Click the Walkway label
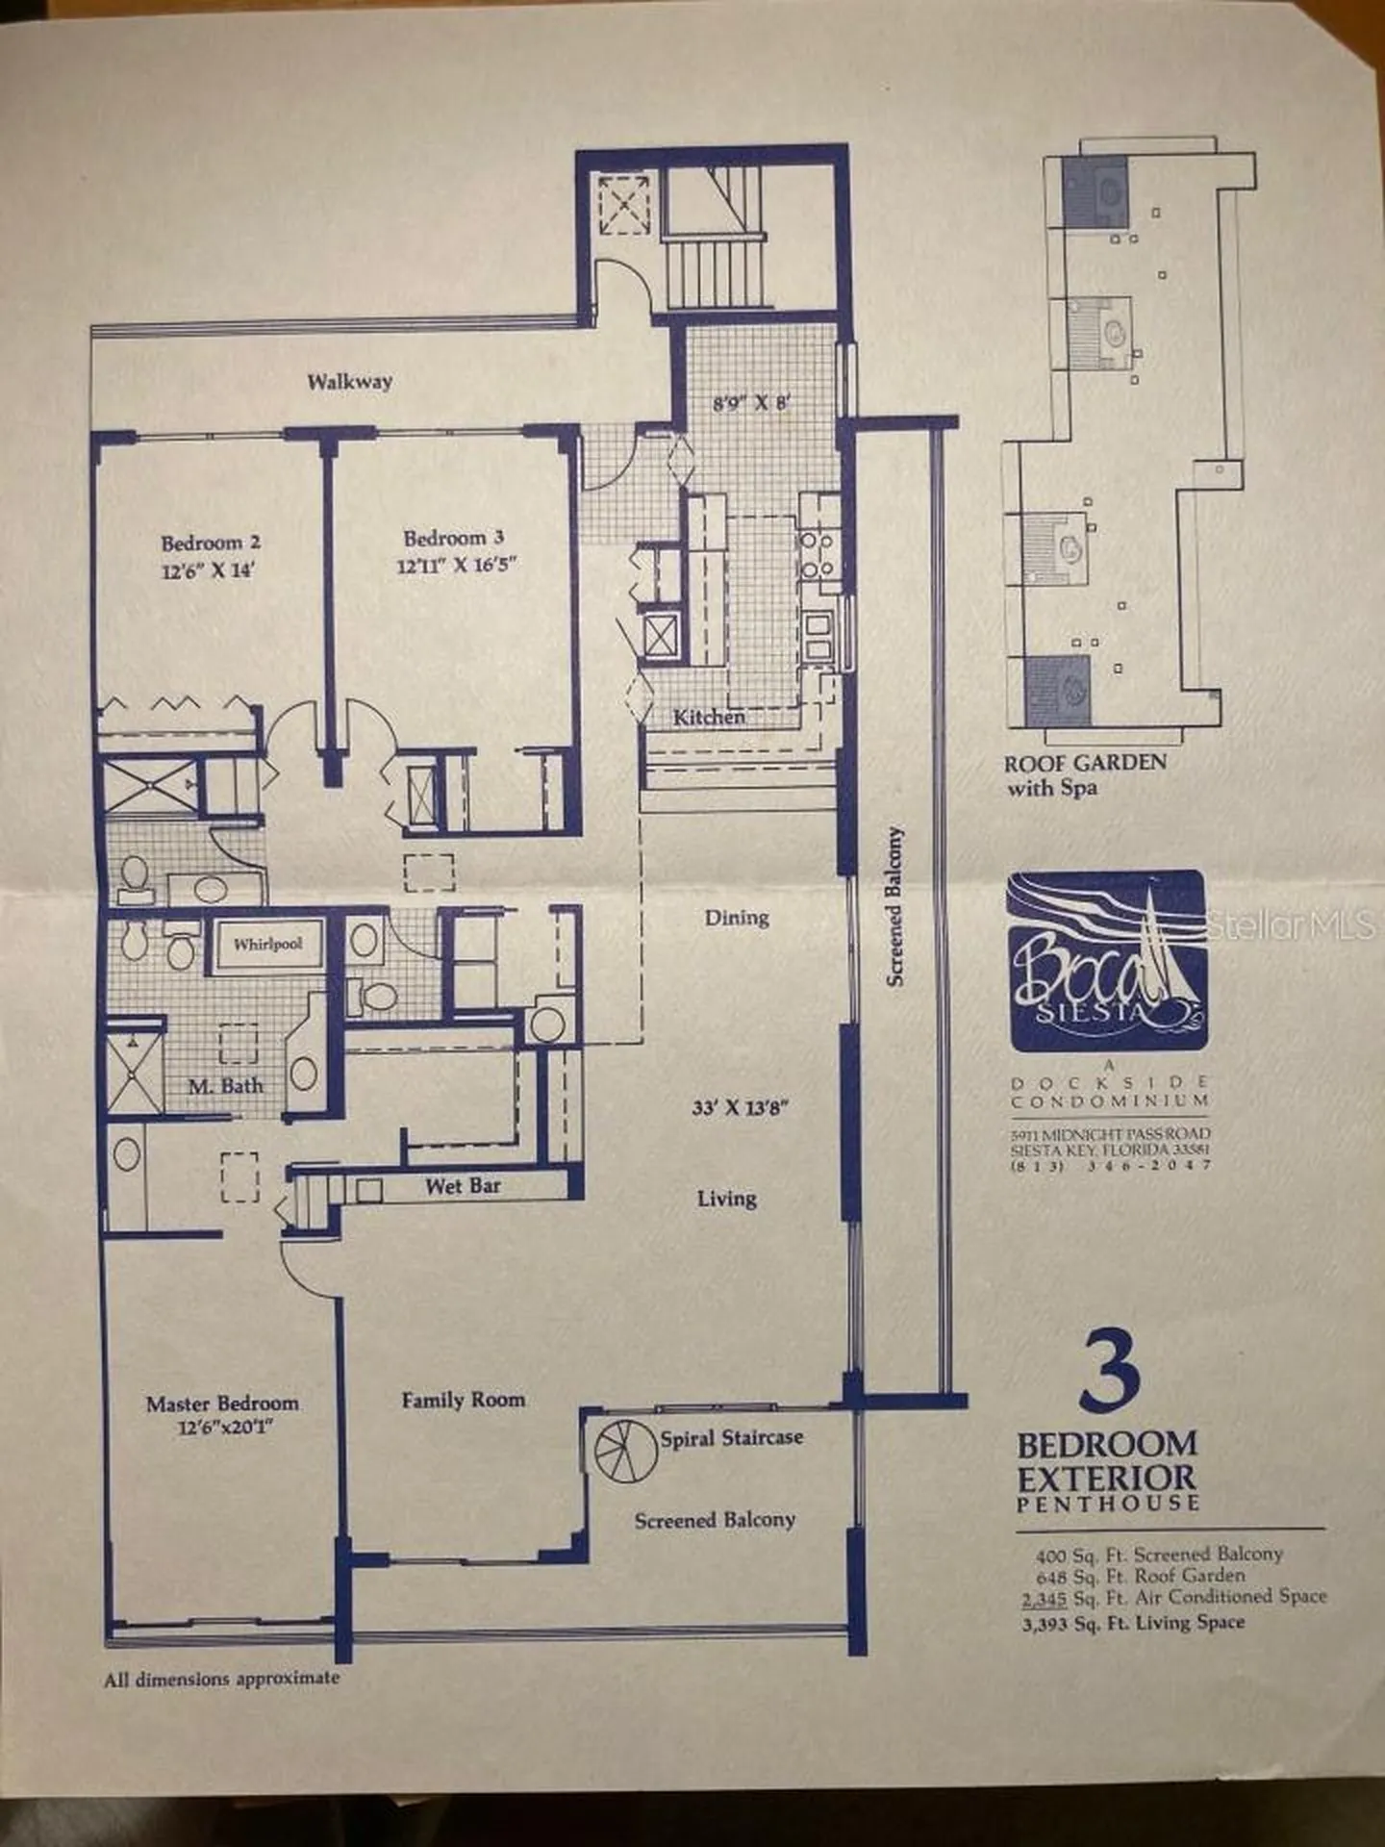click(x=349, y=381)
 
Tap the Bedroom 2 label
click(x=211, y=543)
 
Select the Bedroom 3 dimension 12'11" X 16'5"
click(x=457, y=564)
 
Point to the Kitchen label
click(x=709, y=717)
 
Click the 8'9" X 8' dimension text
click(x=751, y=404)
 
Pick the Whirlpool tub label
click(x=267, y=944)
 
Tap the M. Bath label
click(x=225, y=1086)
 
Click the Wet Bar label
click(x=463, y=1186)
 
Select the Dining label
click(x=737, y=917)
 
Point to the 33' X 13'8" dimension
click(x=740, y=1107)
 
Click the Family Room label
click(x=464, y=1400)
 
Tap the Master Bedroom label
click(x=222, y=1404)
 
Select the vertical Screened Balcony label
click(x=895, y=905)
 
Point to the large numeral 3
click(x=1111, y=1370)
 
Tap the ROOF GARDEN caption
click(x=1085, y=764)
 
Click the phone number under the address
click(x=1111, y=1166)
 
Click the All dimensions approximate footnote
click(x=222, y=1678)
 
